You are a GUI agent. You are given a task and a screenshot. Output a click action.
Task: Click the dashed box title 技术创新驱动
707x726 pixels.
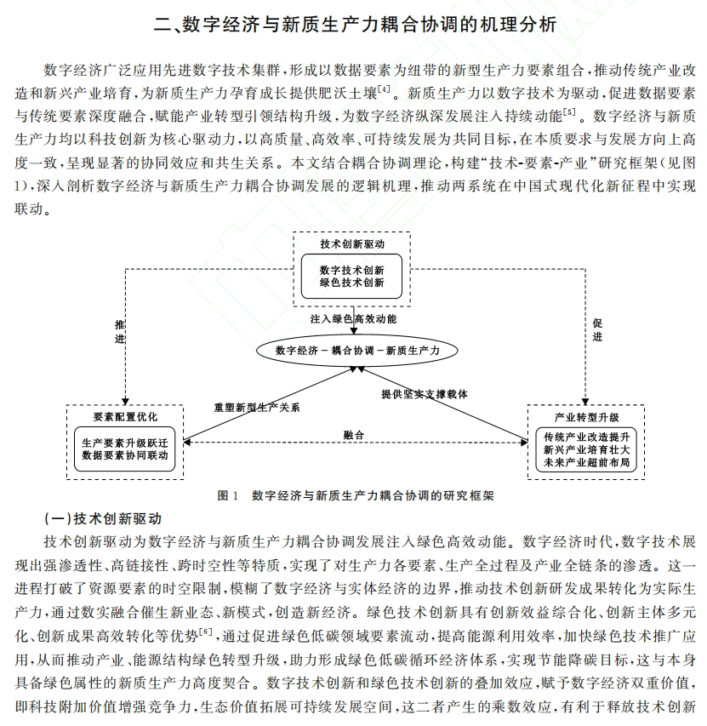click(352, 244)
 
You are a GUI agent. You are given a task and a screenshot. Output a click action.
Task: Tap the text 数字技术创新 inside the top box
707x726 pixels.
click(352, 270)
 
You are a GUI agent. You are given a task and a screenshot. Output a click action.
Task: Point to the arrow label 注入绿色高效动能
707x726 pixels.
click(352, 318)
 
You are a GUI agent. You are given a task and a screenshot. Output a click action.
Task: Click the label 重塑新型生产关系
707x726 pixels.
click(256, 408)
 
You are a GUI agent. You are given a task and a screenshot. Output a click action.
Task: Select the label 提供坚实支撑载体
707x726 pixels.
click(425, 395)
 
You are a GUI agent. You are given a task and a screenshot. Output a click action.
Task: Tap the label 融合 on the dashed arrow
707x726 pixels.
click(353, 435)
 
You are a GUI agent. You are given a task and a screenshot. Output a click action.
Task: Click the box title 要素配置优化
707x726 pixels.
click(125, 417)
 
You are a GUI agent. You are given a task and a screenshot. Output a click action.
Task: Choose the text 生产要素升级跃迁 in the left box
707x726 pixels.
click(125, 443)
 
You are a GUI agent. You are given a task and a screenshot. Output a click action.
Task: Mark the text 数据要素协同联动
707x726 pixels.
click(125, 455)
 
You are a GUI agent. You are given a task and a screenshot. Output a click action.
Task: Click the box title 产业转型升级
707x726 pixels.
click(586, 418)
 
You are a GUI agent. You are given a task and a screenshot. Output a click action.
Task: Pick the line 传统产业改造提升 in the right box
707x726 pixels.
click(586, 437)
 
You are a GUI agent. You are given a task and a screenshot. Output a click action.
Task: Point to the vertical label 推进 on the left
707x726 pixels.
click(119, 331)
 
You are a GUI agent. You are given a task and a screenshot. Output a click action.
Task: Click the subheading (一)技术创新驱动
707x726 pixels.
click(103, 518)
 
